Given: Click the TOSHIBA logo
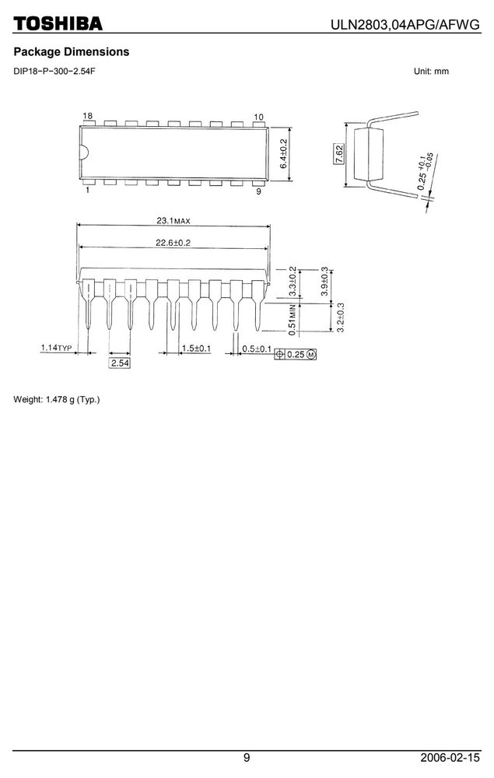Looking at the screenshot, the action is click(x=58, y=23).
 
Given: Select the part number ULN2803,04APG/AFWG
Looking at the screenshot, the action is click(x=406, y=25).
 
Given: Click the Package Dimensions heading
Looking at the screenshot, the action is click(x=72, y=51).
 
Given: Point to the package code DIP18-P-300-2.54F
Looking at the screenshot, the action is click(x=54, y=71).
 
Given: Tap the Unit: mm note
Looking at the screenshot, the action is click(x=431, y=71).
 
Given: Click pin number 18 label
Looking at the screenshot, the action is click(x=88, y=116).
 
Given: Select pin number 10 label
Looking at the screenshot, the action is click(x=258, y=117).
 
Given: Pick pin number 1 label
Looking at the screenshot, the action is click(x=88, y=190).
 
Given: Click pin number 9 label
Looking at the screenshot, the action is click(x=258, y=191).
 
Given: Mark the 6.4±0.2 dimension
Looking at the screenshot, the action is click(x=283, y=153).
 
